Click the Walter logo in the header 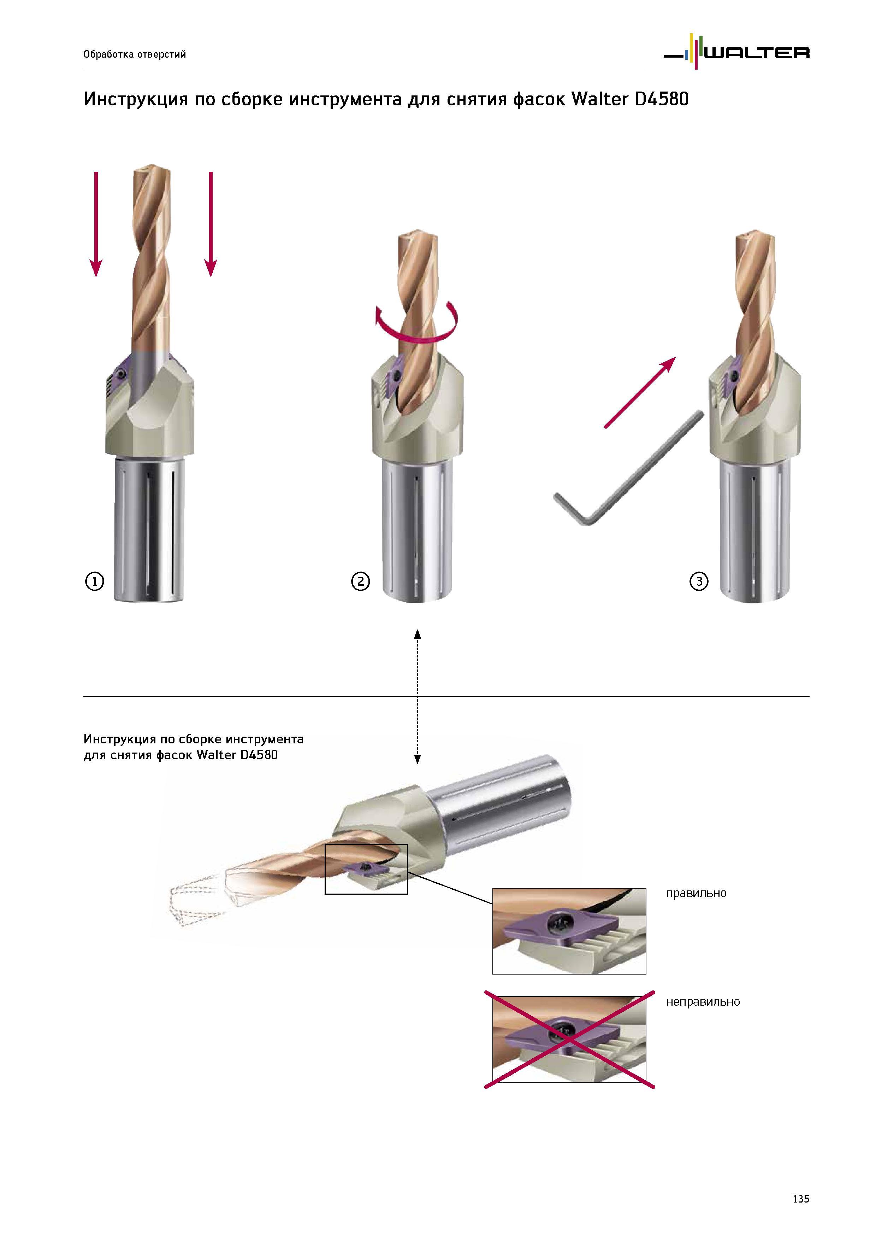coord(736,52)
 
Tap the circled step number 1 coord(94,582)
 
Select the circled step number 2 coord(361,582)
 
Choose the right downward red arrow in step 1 coord(211,224)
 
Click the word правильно coord(696,893)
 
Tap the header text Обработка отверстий coord(134,54)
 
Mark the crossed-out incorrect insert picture coord(569,1040)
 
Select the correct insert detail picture coord(569,931)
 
